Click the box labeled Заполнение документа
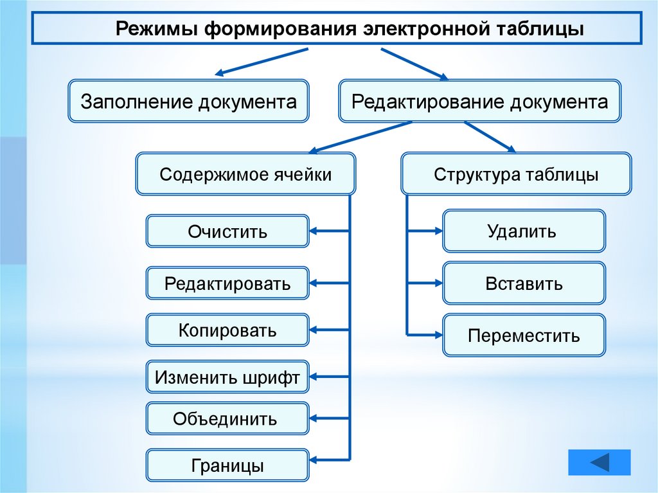pos(188,102)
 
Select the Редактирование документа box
pos(479,102)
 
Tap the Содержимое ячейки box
pos(245,174)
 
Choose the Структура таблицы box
pos(516,174)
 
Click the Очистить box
pos(227,231)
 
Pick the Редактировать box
pos(227,283)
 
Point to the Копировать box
pos(227,330)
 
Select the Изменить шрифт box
pos(227,378)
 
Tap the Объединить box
pos(227,419)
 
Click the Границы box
pos(227,465)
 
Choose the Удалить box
pos(524,231)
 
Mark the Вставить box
pos(524,283)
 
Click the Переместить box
pos(524,335)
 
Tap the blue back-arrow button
pos(600,462)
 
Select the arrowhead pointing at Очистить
pos(315,231)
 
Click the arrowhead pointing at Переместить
pos(437,334)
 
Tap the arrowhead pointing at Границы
pos(315,460)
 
